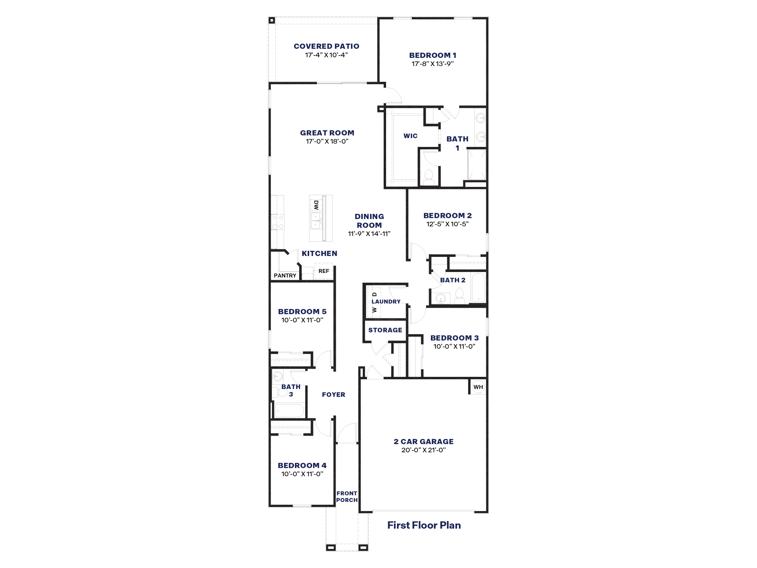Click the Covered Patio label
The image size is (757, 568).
click(x=326, y=46)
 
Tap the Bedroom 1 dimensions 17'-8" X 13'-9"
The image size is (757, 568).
click(x=433, y=64)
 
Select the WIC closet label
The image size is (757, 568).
click(x=410, y=136)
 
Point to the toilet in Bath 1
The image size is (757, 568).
click(x=429, y=177)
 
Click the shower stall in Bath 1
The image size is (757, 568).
click(x=477, y=165)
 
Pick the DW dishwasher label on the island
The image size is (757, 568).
click(x=316, y=205)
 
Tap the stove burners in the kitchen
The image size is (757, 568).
click(x=278, y=222)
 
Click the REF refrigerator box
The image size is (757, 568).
click(x=323, y=271)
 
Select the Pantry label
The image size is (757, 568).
click(x=285, y=276)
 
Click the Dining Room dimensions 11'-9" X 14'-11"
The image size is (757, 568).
click(x=369, y=234)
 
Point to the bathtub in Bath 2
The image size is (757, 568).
click(x=478, y=287)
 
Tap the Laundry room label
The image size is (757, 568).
click(x=386, y=302)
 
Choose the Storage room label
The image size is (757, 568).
click(x=385, y=330)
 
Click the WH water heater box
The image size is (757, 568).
click(x=478, y=387)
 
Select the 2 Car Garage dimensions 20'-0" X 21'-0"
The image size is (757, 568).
click(x=424, y=450)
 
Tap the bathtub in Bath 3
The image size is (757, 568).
click(x=289, y=410)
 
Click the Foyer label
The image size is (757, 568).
click(x=334, y=395)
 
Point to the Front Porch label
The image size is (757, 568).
click(x=347, y=497)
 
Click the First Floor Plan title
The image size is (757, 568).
click(x=424, y=525)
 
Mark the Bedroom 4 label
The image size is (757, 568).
click(x=302, y=466)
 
